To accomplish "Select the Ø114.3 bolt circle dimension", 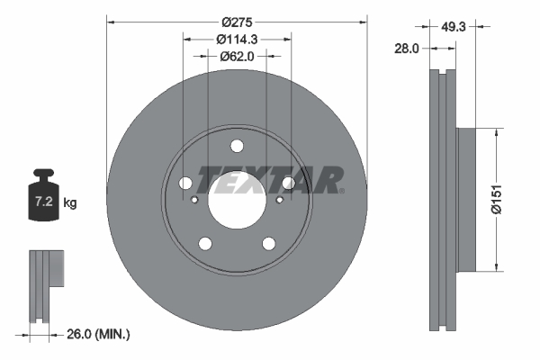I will click(x=238, y=39).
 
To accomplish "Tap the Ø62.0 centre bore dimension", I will click(x=238, y=56).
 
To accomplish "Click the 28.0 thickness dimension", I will click(x=407, y=49).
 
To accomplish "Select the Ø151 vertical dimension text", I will click(x=508, y=198).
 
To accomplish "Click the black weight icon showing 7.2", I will click(x=44, y=199).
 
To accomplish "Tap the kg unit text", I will click(x=70, y=204).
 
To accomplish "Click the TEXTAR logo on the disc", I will click(x=270, y=180).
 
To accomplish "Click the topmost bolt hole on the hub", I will click(x=237, y=147).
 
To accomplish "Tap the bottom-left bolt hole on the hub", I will click(x=205, y=243).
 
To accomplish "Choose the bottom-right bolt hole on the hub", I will click(x=268, y=243).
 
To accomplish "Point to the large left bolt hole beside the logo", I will click(x=186, y=184).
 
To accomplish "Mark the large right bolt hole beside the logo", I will click(x=288, y=184).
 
